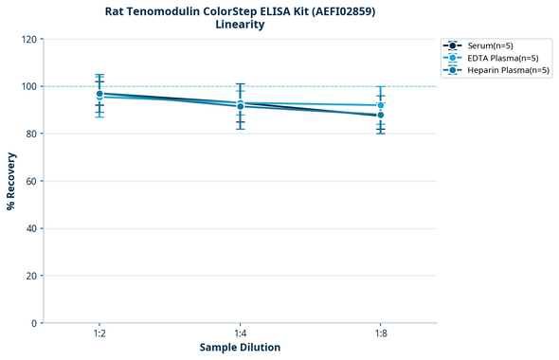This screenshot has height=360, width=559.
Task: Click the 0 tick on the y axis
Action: coord(34,323)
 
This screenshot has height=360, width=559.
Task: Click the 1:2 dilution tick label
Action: coord(99,333)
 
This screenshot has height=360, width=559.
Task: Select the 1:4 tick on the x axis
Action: coord(240,333)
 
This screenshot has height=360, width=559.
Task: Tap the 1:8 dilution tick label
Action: coord(380,333)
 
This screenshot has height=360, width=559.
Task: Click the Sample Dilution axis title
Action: coord(240,348)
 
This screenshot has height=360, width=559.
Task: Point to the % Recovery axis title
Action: coord(11,181)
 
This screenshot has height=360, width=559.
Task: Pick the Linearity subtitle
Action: coord(240,25)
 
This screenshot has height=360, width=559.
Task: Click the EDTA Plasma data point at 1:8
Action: coord(380,105)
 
